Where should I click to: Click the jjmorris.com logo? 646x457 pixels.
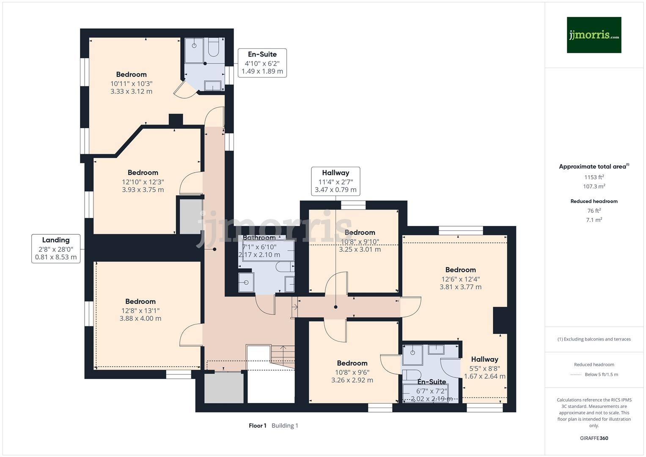594,35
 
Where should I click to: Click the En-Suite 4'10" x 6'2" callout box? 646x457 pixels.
262,63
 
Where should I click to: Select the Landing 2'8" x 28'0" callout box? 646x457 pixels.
56,249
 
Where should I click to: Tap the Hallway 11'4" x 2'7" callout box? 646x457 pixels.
335,181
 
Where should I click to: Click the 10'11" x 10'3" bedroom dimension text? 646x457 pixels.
131,84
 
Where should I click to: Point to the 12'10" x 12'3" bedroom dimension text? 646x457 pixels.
143,182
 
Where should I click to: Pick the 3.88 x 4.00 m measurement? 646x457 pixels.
140,319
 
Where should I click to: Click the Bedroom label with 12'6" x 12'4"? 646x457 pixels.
460,270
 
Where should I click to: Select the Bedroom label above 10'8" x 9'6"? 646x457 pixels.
352,363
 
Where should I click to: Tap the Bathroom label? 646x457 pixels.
259,238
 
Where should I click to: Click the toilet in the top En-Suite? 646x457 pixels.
214,47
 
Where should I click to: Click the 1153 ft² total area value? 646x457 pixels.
594,177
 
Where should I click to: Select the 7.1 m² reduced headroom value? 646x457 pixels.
594,220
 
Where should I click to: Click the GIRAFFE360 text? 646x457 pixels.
594,438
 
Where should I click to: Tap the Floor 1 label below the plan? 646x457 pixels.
257,426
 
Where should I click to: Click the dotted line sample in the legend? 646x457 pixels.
576,374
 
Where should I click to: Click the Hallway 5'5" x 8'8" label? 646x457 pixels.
484,359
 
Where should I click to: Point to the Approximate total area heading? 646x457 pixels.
594,167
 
